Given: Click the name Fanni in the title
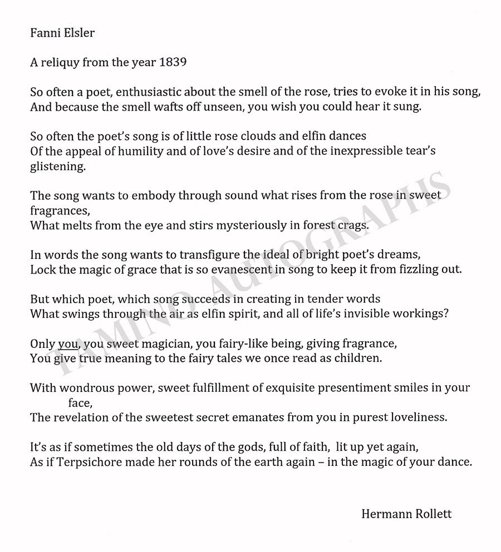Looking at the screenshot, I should [x=43, y=33].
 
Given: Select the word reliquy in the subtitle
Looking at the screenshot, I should [x=62, y=63].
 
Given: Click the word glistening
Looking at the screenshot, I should [x=58, y=166].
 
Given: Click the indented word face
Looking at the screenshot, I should [x=79, y=403].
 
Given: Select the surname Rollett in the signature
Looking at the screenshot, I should [x=431, y=514].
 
